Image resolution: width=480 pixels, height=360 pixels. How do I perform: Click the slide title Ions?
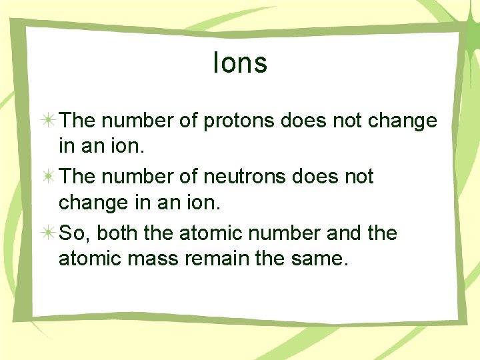pos(240,63)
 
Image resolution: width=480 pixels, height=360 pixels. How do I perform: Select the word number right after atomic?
pos(284,233)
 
